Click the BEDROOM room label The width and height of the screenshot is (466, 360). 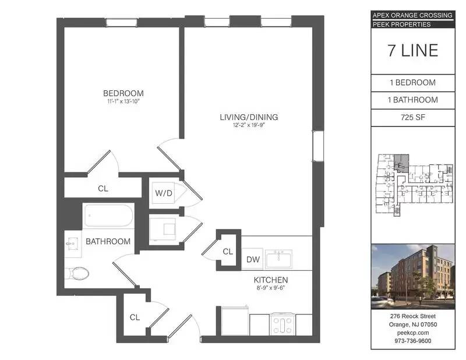[x=123, y=93]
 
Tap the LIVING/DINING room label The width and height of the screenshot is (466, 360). [x=249, y=117]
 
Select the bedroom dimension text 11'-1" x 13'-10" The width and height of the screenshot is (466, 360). [x=123, y=101]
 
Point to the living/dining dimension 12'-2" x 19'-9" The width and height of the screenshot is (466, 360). [x=249, y=125]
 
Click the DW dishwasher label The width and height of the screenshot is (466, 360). [x=253, y=260]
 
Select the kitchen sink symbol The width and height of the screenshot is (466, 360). [x=281, y=258]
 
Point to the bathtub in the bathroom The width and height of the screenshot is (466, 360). [x=109, y=216]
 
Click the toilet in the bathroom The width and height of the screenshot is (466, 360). [x=78, y=273]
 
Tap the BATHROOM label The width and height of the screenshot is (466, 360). [x=108, y=241]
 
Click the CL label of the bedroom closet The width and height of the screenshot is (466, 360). [x=103, y=189]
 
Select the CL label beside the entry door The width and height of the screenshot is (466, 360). [x=135, y=317]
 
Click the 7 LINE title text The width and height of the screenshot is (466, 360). [x=412, y=51]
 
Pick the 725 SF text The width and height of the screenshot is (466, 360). [x=412, y=117]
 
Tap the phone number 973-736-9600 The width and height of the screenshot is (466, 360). [x=413, y=341]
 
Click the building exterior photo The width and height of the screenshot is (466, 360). [x=412, y=276]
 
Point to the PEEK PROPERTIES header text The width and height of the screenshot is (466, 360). [x=401, y=24]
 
